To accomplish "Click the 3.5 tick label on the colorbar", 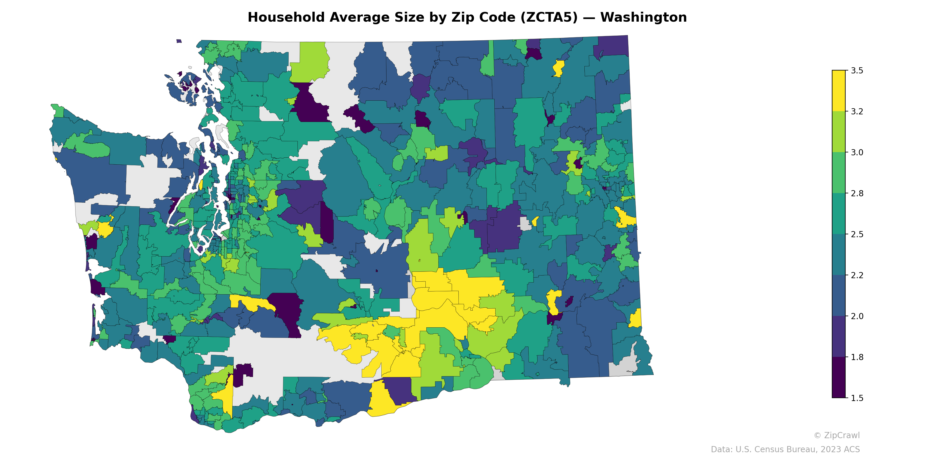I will click(x=857, y=70).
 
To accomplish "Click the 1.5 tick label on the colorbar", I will click(x=857, y=398).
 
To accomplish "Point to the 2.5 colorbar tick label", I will click(x=857, y=234).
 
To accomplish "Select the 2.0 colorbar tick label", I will click(x=857, y=316).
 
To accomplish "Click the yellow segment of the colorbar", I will click(x=839, y=91).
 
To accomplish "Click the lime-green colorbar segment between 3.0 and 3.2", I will click(x=839, y=132).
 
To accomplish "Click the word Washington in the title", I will click(x=643, y=18).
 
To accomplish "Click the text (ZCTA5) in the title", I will click(x=549, y=18).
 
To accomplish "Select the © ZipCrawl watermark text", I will click(x=836, y=435).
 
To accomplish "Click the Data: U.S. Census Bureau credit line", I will click(x=785, y=450).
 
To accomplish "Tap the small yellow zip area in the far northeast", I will click(x=558, y=68).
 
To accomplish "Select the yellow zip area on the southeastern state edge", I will click(x=636, y=319).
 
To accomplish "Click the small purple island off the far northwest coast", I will click(x=179, y=41).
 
